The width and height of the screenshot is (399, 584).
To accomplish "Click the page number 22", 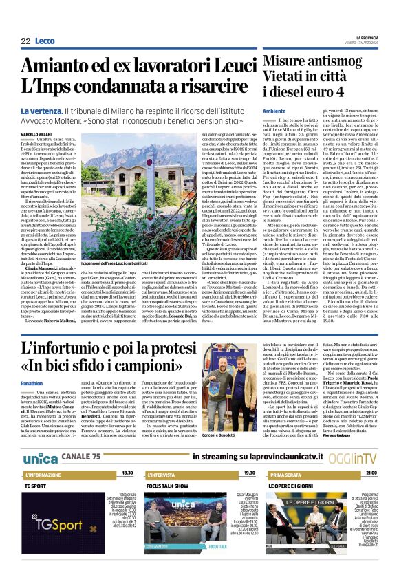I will pos(26,41).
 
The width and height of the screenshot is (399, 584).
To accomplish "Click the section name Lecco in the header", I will pos(45,41).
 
